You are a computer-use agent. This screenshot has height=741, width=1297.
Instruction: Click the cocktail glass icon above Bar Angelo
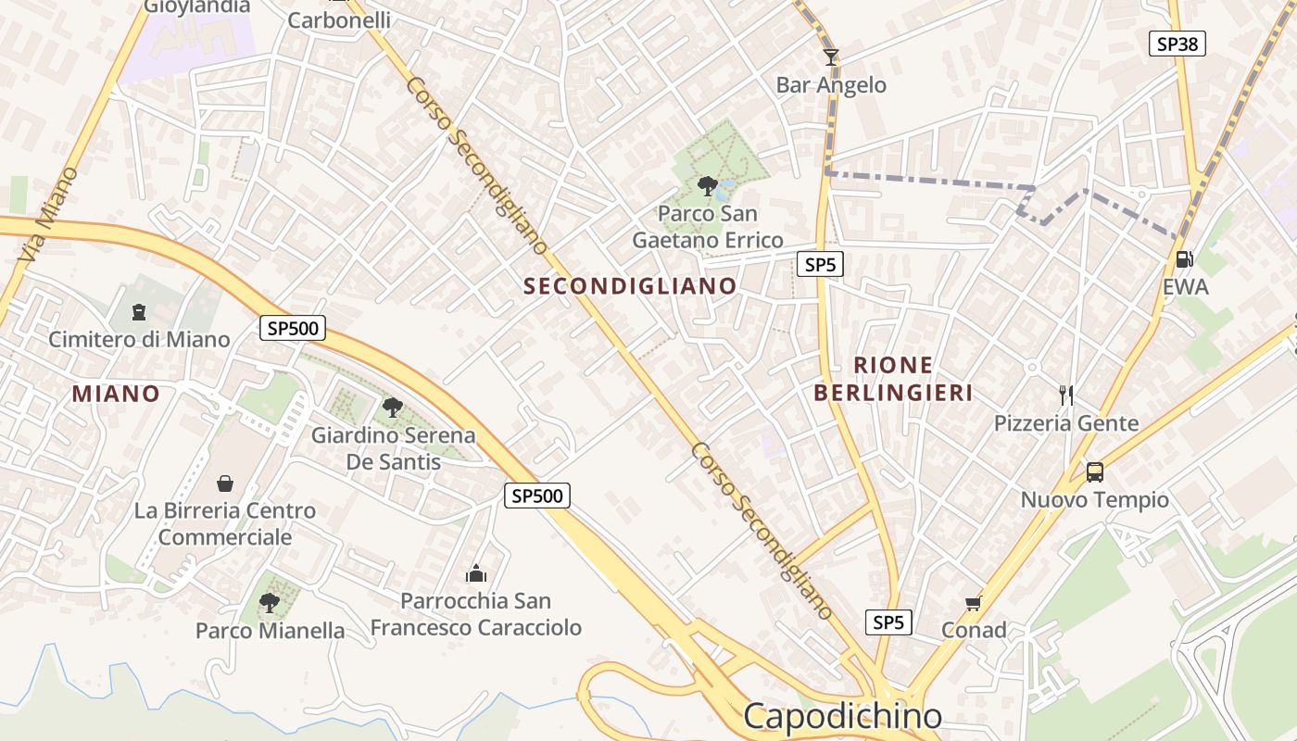(x=831, y=57)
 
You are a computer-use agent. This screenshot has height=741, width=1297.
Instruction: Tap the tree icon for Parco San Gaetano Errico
(x=708, y=186)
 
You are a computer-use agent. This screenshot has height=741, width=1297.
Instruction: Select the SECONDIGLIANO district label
(x=630, y=286)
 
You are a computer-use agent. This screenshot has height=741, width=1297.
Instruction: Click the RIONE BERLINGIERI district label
(x=893, y=379)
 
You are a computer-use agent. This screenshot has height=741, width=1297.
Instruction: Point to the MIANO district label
(x=116, y=394)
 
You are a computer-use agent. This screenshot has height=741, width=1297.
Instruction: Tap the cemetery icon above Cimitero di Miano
(x=139, y=312)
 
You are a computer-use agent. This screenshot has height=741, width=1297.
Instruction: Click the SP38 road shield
(x=1177, y=44)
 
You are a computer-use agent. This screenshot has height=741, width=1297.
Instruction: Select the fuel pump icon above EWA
(x=1184, y=259)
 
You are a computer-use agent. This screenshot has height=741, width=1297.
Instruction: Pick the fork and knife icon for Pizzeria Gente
(x=1065, y=396)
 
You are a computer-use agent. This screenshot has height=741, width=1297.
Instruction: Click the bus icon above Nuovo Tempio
(x=1094, y=472)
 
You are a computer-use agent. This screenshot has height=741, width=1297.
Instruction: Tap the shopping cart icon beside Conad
(x=973, y=604)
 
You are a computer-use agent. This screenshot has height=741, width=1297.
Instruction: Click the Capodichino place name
(x=842, y=716)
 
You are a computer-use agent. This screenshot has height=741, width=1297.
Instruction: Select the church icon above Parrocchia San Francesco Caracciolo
(x=476, y=573)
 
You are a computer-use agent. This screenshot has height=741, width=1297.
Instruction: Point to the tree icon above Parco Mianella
(x=270, y=603)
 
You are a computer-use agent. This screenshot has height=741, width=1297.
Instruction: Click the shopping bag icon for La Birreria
(x=224, y=484)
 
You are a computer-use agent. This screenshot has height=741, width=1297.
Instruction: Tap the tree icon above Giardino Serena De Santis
(x=393, y=407)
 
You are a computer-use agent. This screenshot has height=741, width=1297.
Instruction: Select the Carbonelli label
(x=339, y=20)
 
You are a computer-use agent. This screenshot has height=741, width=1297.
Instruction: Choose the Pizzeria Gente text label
(x=1066, y=424)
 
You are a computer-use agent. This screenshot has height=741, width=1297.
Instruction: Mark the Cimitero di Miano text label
(x=139, y=340)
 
